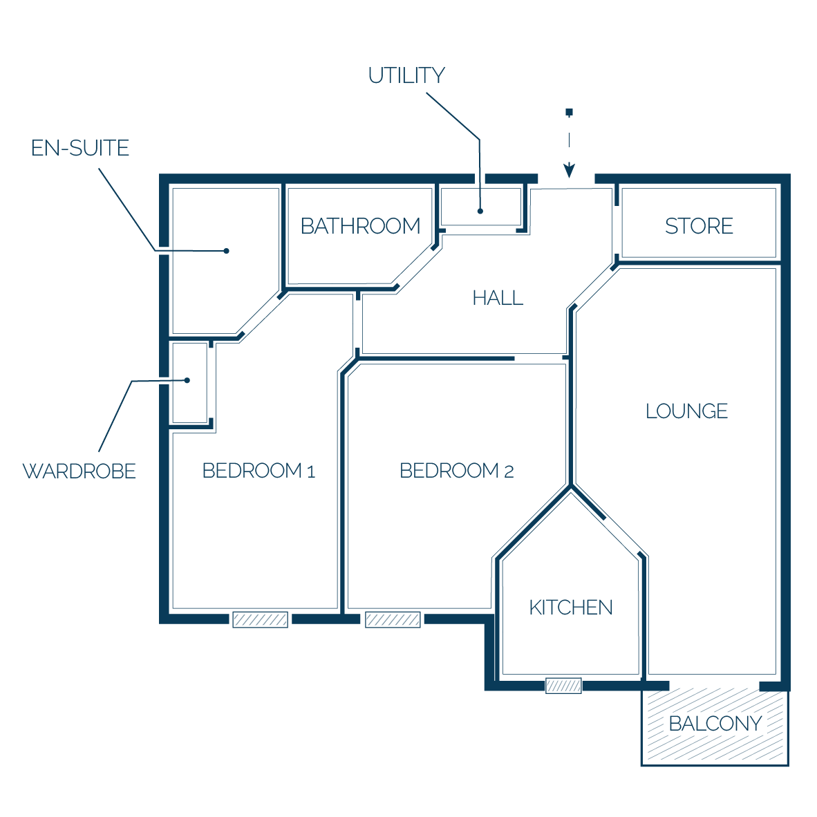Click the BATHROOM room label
(361, 226)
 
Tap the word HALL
(498, 298)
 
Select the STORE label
(699, 226)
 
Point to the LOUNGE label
(686, 411)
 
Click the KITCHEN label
(570, 608)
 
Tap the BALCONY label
(715, 724)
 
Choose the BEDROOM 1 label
(259, 471)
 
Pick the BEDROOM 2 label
(456, 471)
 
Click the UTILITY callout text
(406, 75)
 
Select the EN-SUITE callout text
(79, 148)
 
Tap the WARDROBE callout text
(79, 471)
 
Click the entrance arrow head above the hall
(569, 171)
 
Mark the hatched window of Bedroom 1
(260, 619)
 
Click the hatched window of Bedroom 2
(393, 619)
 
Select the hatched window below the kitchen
(563, 686)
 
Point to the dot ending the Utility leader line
(480, 211)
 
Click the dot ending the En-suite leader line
(226, 251)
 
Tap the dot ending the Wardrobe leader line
(187, 380)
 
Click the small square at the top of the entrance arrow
(569, 112)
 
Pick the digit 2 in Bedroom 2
(509, 471)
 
